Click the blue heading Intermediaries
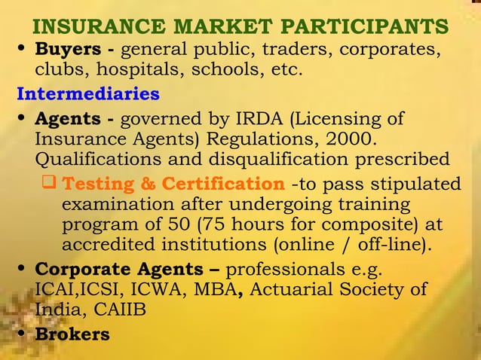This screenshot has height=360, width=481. coord(88,95)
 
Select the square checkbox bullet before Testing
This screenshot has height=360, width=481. coord(51,184)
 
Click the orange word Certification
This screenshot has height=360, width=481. coord(223,184)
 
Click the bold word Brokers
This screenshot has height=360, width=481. coord(72,334)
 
